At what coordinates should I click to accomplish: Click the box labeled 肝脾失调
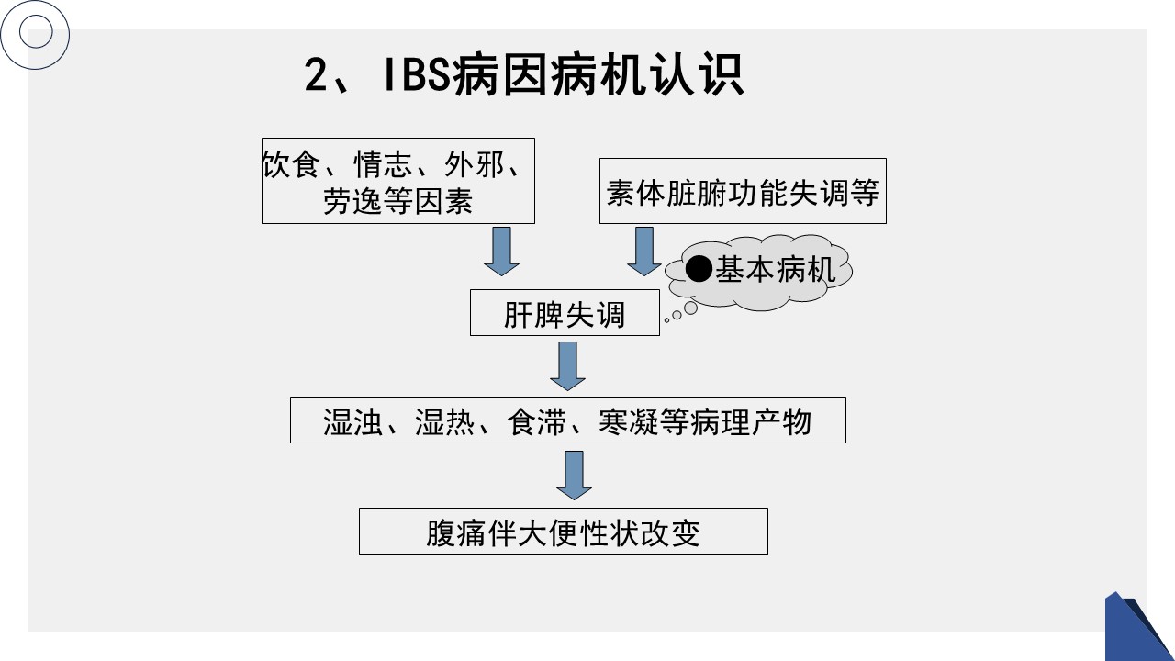(565, 314)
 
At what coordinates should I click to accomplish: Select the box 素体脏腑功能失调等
(743, 192)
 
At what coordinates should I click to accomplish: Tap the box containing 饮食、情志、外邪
(397, 181)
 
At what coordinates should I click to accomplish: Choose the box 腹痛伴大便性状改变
(563, 532)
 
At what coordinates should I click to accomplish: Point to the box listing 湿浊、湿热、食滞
(567, 421)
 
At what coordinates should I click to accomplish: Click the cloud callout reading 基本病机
(760, 269)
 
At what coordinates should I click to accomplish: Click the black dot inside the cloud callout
(699, 269)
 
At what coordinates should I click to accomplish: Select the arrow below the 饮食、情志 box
(501, 251)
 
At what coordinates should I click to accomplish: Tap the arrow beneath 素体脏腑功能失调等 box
(644, 251)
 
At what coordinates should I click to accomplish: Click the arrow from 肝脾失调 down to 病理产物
(567, 366)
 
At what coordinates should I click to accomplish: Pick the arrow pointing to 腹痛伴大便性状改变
(575, 476)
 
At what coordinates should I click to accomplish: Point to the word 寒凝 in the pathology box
(624, 421)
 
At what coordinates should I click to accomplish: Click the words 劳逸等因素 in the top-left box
(397, 201)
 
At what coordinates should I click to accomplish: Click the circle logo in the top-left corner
(36, 35)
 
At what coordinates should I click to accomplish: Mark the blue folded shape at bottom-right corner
(1138, 629)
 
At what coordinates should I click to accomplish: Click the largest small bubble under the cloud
(690, 308)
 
